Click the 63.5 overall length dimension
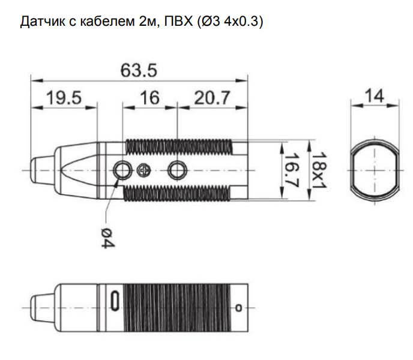139,70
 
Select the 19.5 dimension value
64,97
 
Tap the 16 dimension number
149,97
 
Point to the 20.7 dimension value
212,97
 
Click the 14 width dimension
375,96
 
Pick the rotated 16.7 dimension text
292,170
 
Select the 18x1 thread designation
319,170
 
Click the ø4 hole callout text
108,238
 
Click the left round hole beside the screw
122,170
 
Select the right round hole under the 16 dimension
178,170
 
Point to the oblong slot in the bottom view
115,301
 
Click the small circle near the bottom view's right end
239,307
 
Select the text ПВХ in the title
178,21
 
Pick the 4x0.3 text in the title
241,22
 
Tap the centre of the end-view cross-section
375,170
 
